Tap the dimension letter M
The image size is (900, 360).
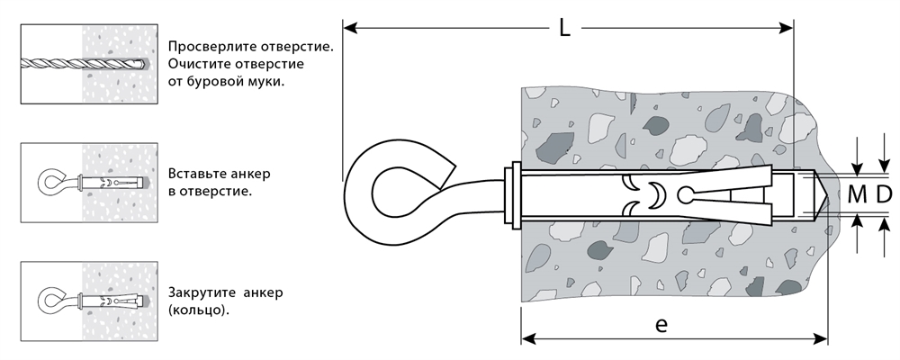(x=856, y=193)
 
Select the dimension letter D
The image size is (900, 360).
(x=883, y=193)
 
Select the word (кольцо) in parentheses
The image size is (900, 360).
(x=197, y=311)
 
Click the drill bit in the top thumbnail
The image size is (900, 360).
(x=81, y=64)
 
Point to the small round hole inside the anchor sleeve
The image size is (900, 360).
(x=687, y=193)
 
